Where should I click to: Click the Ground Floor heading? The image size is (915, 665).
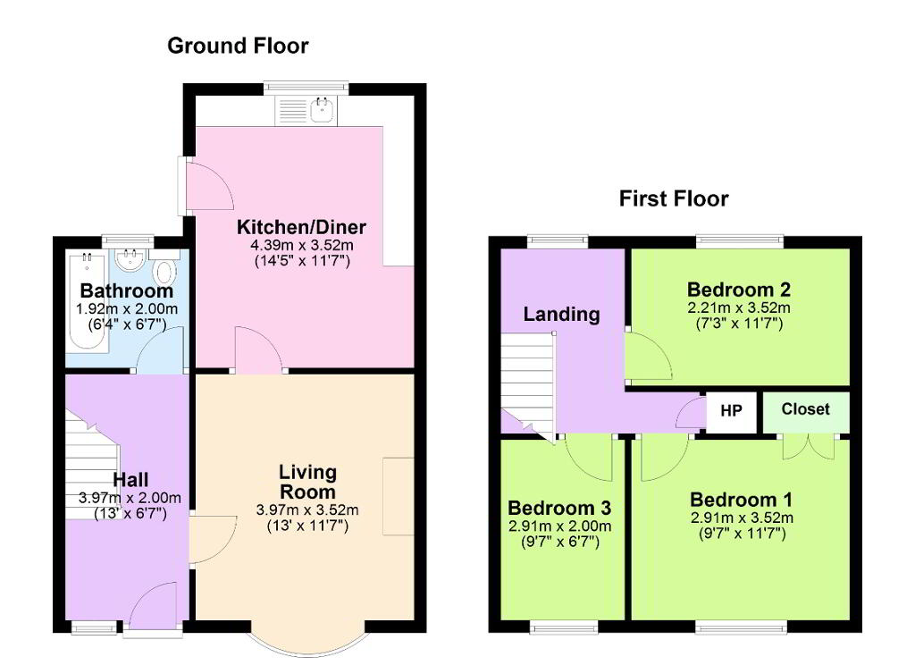point(238,46)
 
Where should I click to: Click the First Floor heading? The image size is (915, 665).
point(674,198)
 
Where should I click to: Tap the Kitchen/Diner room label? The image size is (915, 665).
point(301,226)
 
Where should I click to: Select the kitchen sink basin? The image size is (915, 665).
point(322,109)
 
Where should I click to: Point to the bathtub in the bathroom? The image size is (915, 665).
point(87,301)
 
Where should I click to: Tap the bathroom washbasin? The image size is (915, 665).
point(130,260)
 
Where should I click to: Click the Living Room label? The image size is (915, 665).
point(307,482)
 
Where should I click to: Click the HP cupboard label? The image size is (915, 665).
point(731,410)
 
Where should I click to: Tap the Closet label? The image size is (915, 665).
point(805,409)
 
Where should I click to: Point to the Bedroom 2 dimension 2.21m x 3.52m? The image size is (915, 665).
point(739,307)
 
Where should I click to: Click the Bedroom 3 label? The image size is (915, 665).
point(559,508)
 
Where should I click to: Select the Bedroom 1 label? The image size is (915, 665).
point(741,500)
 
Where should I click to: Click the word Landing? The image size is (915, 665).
point(561,314)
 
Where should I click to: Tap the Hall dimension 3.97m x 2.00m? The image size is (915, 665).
point(130,498)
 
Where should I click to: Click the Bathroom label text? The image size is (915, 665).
point(127,290)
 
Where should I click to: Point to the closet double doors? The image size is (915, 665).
point(808,448)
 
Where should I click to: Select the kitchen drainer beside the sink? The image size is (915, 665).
point(292,110)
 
